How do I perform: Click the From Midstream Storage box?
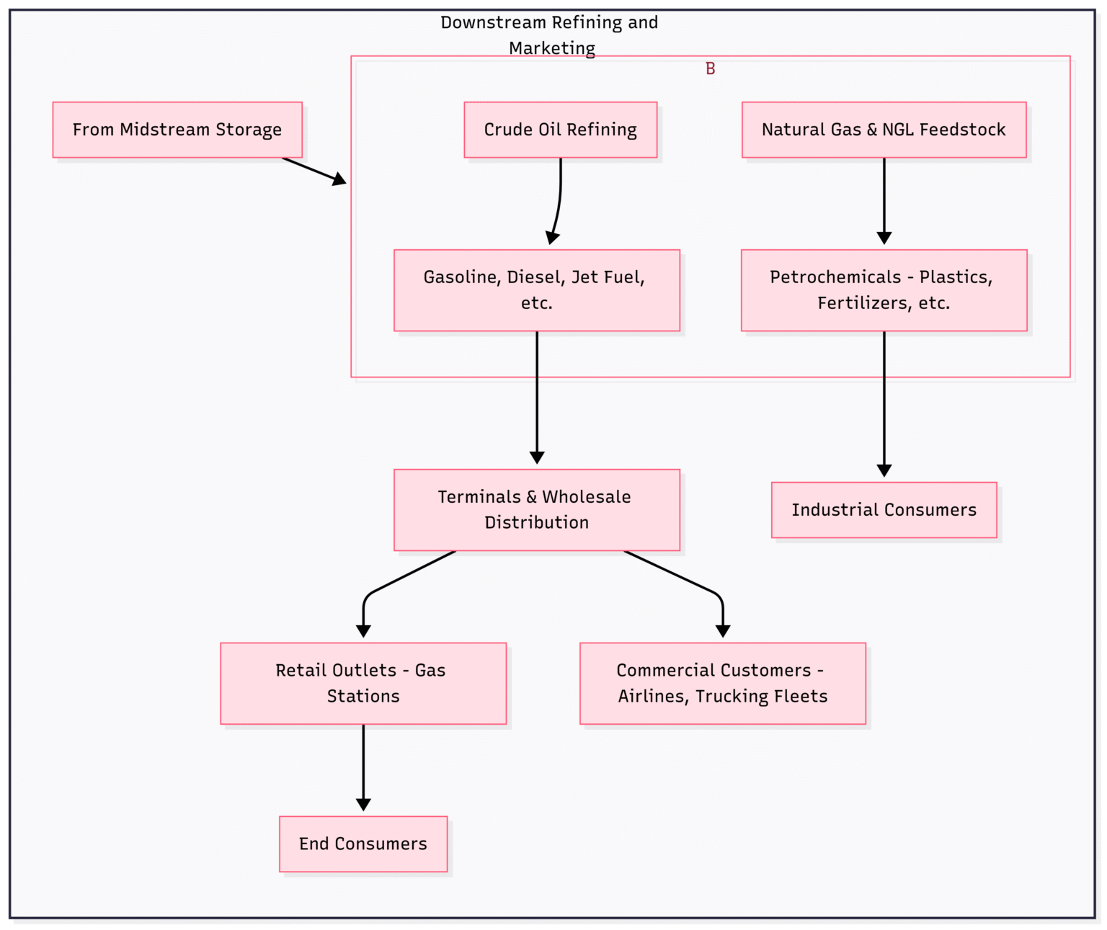tap(177, 130)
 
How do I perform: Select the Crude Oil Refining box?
tap(560, 130)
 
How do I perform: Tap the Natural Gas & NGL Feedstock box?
tap(884, 130)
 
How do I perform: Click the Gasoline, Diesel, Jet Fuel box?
tap(536, 290)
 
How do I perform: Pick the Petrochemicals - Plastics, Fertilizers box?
tap(884, 290)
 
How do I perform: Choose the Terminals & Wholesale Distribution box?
tap(536, 510)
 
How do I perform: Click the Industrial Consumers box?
tap(884, 510)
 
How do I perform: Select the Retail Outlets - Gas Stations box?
tap(363, 683)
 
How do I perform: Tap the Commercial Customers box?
tap(722, 683)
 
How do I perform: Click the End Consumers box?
tap(363, 844)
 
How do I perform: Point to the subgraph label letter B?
tap(710, 69)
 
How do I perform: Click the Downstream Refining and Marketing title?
tap(549, 35)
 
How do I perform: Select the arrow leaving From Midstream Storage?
tap(314, 170)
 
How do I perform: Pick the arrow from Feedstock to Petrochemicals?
tap(884, 202)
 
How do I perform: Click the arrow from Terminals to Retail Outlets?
tap(389, 584)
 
